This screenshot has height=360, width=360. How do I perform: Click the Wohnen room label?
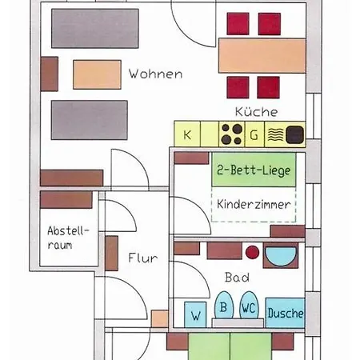pos(155,74)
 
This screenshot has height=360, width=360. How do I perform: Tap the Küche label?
pos(256,111)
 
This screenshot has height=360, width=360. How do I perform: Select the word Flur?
pos(143,258)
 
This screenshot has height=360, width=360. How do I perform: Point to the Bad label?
pos(237,278)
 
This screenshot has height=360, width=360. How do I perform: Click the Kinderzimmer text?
pos(254,204)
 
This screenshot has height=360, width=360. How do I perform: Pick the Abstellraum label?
pos(68,238)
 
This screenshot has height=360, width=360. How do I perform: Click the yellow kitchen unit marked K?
pos(187,134)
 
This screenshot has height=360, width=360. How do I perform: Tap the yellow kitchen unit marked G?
pos(254,134)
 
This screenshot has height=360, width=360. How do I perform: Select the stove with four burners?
pos(231,134)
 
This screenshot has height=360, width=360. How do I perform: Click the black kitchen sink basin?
pos(294,134)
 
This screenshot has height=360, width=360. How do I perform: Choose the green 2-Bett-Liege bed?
pos(254,170)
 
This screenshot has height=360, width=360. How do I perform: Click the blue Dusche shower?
pos(285,313)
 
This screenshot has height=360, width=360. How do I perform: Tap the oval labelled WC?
pos(249,306)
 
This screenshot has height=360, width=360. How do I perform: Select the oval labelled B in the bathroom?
pos(224,306)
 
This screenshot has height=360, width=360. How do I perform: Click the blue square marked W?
pos(195,314)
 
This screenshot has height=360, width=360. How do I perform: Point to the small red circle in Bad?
pos(252,252)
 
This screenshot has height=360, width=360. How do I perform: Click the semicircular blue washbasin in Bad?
pos(281,256)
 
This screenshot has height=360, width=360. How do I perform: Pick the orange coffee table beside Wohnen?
pos(97,74)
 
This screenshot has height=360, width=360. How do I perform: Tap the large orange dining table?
pos(262,55)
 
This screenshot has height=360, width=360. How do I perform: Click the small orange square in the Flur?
pos(160,318)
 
